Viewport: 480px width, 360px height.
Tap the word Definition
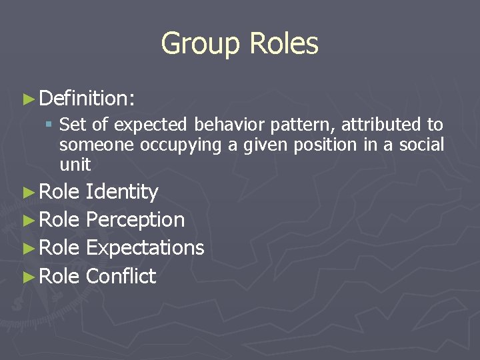coord(86,99)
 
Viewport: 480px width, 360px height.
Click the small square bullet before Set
coord(49,125)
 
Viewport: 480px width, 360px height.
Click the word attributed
coord(375,125)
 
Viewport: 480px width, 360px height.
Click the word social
coord(421,145)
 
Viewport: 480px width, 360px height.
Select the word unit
coord(75,164)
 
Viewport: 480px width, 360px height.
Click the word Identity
coord(122,192)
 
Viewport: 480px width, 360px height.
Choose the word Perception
coord(135,219)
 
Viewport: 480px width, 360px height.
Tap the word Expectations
coord(145,247)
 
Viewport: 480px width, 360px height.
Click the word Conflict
coord(121,275)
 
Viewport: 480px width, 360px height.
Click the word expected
coord(153,125)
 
